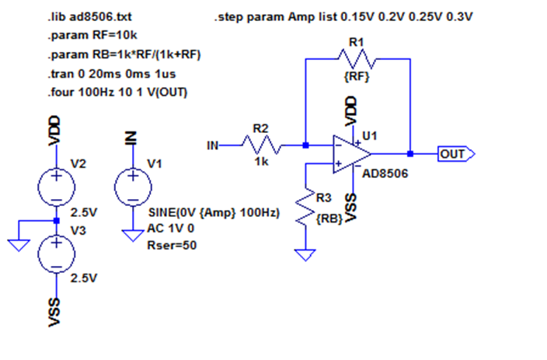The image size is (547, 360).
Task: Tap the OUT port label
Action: (x=454, y=154)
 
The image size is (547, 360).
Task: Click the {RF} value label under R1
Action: (x=356, y=78)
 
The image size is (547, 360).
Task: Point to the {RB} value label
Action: (x=329, y=219)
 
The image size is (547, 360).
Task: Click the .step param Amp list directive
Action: (x=343, y=16)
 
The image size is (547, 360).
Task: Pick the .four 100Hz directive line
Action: (x=117, y=93)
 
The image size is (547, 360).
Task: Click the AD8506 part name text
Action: (x=385, y=173)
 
